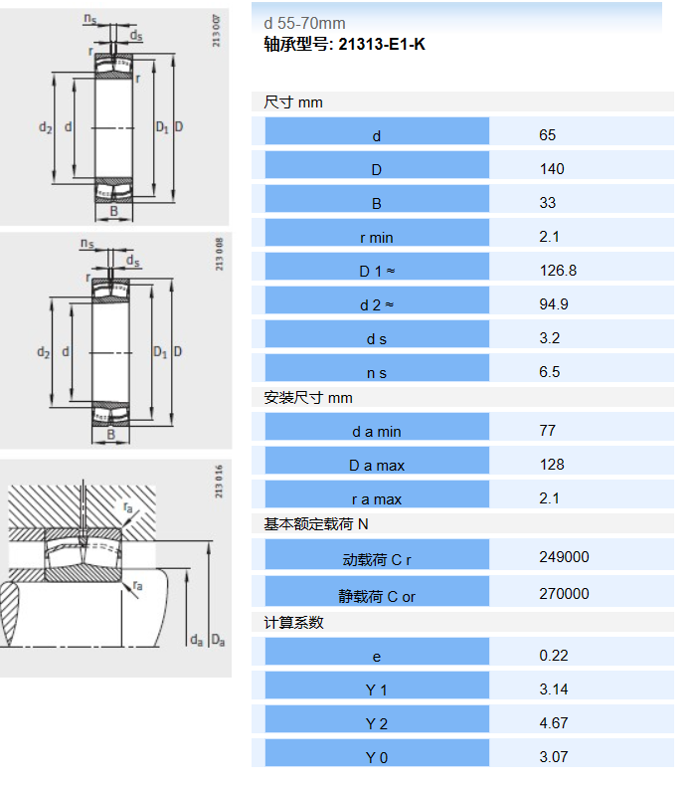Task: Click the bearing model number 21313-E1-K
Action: pyautogui.click(x=382, y=44)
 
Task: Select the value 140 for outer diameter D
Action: pyautogui.click(x=552, y=169)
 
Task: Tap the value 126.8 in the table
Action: pyautogui.click(x=558, y=271)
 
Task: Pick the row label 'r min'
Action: pyautogui.click(x=376, y=238)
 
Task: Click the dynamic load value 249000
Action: pyautogui.click(x=564, y=557)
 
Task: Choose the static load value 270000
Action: pyautogui.click(x=564, y=594)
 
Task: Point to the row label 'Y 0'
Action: pyautogui.click(x=376, y=758)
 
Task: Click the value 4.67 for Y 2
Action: pyautogui.click(x=553, y=723)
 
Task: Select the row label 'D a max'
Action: pyautogui.click(x=376, y=466)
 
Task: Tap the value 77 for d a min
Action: pyautogui.click(x=547, y=431)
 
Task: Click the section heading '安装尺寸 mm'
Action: pyautogui.click(x=308, y=398)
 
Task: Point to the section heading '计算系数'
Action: pyautogui.click(x=293, y=623)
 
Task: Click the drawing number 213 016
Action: pyautogui.click(x=219, y=482)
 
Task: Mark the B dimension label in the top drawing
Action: pyautogui.click(x=113, y=211)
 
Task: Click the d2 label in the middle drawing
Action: pyautogui.click(x=44, y=352)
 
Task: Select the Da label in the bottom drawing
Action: pyautogui.click(x=218, y=640)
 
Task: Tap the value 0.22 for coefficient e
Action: pyautogui.click(x=553, y=656)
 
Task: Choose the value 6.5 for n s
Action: pyautogui.click(x=549, y=372)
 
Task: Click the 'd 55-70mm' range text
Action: pyautogui.click(x=304, y=24)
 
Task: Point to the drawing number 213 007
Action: pyautogui.click(x=216, y=31)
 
